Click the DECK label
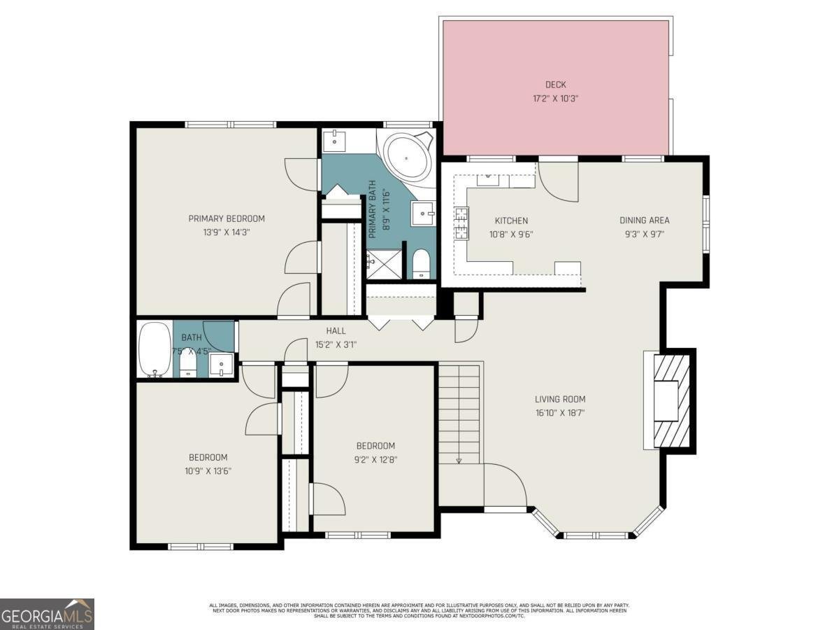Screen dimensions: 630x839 pos(556,85)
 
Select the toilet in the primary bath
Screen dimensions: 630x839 pos(421,264)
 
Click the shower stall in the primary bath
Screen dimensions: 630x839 pos(384,264)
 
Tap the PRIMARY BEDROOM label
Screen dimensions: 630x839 pos(227,218)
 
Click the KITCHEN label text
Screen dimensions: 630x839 pos(511,220)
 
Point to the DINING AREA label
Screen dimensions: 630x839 pos(644,220)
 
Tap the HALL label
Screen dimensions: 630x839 pos(336,330)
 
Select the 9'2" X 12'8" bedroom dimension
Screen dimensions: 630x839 pos(375,459)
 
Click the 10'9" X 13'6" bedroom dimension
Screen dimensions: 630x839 pos(203,471)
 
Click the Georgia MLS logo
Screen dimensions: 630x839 pos(47,614)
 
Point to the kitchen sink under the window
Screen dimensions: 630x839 pos(489,180)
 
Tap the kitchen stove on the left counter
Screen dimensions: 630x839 pos(461,223)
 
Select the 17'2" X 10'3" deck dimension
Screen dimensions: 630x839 pos(556,99)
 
